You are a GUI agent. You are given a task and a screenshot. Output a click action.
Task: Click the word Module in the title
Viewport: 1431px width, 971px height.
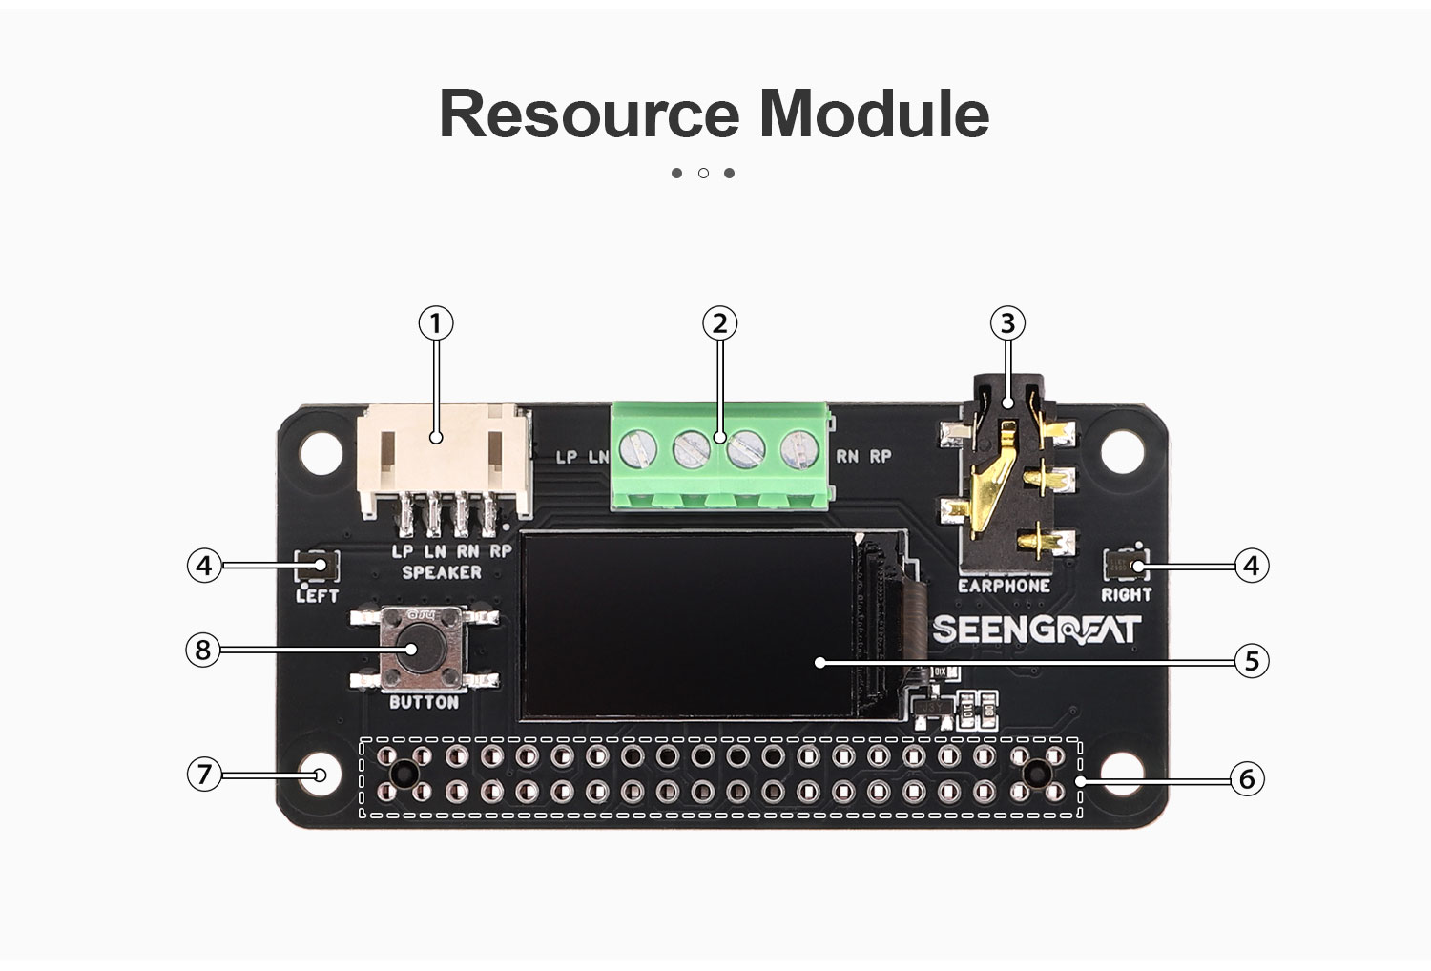tap(874, 114)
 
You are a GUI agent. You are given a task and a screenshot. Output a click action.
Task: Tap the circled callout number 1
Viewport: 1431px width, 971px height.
tap(436, 323)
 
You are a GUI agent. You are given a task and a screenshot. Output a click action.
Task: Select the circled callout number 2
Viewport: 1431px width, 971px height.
tap(719, 323)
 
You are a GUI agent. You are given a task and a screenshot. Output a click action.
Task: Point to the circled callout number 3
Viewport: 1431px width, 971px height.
tap(1007, 323)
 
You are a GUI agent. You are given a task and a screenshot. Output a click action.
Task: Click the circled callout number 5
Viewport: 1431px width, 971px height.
tap(1252, 660)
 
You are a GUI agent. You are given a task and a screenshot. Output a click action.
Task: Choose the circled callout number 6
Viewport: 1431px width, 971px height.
tap(1246, 779)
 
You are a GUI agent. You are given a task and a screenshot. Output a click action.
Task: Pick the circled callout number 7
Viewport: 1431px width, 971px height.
tap(203, 773)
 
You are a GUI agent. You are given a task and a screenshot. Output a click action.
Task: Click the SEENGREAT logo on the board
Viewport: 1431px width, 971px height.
tap(1036, 630)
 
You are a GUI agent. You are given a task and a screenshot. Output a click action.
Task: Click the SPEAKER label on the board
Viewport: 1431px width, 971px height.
tap(442, 572)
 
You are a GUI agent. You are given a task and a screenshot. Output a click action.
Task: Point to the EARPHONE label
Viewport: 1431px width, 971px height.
tap(1004, 586)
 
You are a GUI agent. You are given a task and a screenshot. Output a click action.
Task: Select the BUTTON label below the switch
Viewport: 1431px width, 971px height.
tap(424, 703)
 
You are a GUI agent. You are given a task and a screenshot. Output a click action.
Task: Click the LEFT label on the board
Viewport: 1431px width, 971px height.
tap(317, 595)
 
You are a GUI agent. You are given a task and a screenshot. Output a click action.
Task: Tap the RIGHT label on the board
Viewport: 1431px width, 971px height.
tap(1127, 594)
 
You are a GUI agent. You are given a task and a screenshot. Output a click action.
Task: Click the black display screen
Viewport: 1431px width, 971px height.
tap(687, 625)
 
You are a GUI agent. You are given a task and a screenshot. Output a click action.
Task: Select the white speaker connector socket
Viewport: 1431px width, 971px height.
tap(442, 458)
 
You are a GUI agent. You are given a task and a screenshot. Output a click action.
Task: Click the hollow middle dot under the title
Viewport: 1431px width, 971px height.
tap(703, 173)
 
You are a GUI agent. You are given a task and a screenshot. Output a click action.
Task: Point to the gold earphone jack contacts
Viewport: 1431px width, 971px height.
tap(992, 477)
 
